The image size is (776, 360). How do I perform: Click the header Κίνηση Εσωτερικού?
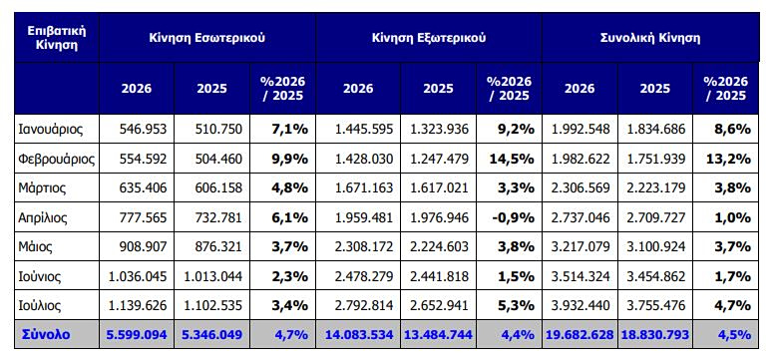206,38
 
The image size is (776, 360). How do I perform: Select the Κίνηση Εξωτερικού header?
429,38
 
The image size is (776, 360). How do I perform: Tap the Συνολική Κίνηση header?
650,38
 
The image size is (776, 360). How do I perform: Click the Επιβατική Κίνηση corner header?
57,38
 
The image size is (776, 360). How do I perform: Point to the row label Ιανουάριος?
51,130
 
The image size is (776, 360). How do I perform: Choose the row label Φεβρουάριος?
57,159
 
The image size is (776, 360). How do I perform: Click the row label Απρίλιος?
43,217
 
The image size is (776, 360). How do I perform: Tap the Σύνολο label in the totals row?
46,335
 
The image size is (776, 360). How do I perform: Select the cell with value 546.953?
143,130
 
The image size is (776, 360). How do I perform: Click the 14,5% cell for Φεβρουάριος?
512,159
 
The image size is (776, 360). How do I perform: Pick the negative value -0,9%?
514,217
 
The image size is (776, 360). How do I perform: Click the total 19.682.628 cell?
580,335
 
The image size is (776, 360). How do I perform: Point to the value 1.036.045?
137,276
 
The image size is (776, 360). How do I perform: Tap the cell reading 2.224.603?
438,246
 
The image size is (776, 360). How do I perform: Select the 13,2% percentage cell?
728,159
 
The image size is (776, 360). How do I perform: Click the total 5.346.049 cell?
211,335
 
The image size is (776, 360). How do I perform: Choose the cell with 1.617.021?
438,188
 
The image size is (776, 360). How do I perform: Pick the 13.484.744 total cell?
438,335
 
